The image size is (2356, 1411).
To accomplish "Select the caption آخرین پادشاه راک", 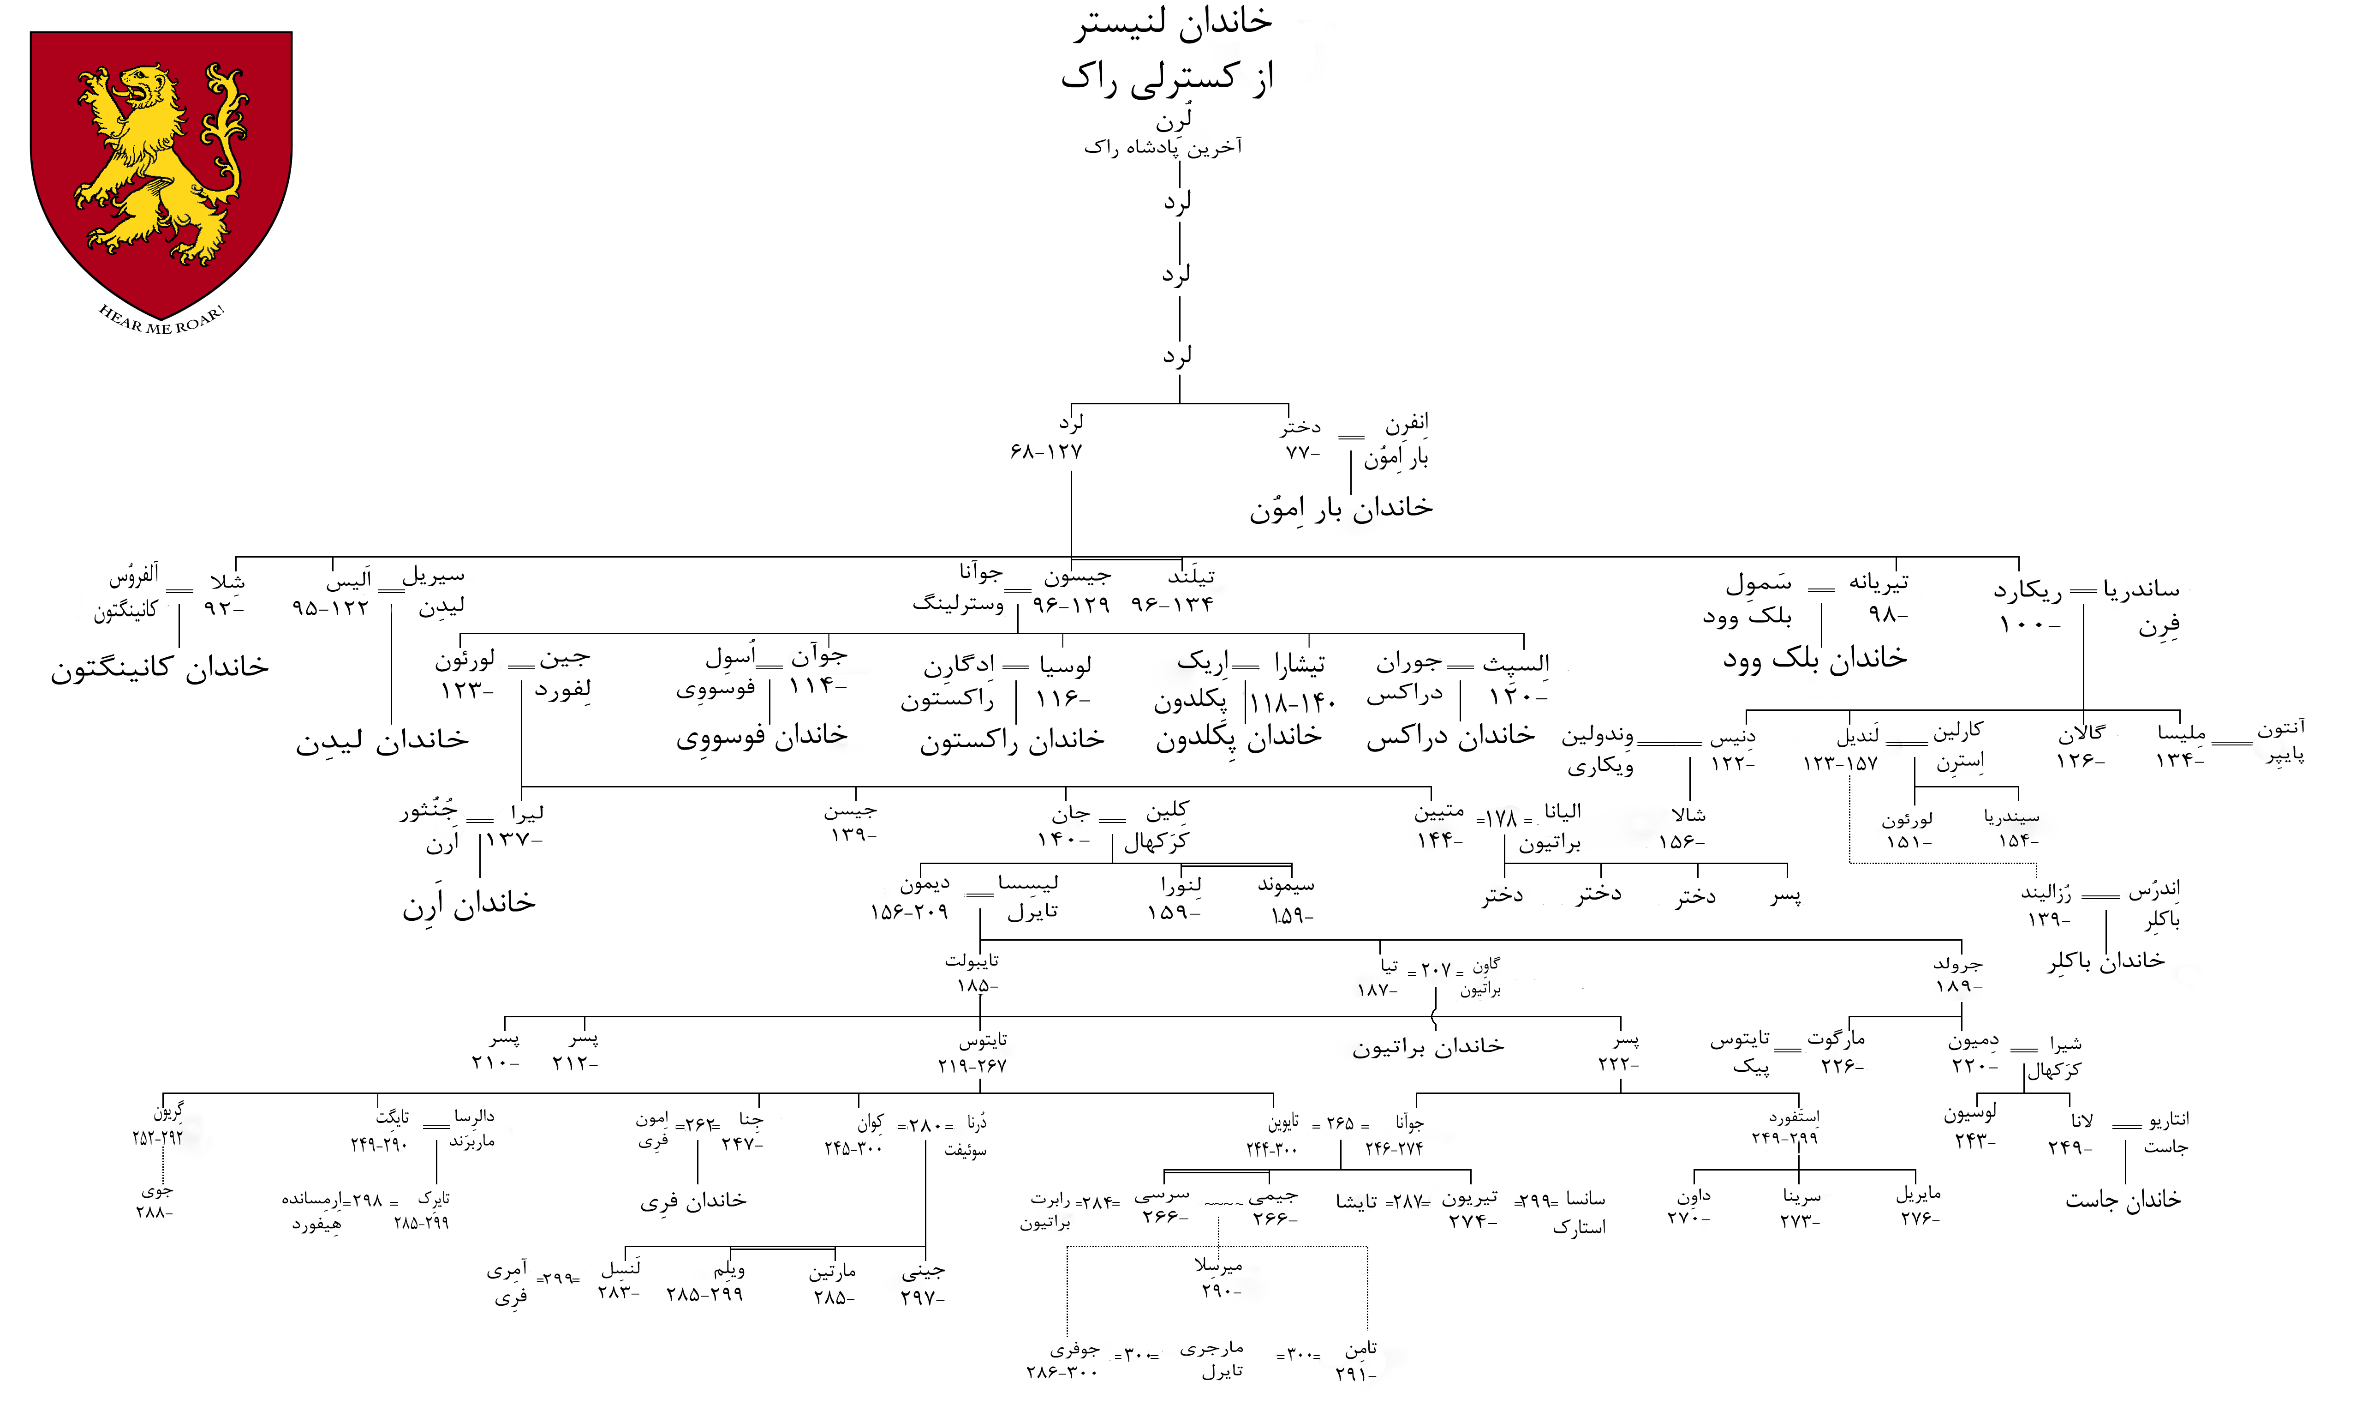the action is point(1163,147).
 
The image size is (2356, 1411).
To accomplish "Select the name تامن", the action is point(1361,1349).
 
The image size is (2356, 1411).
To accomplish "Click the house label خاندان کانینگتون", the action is point(160,667).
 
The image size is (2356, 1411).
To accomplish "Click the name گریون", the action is point(168,1111).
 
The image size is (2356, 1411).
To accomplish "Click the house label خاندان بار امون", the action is point(1341,509).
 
